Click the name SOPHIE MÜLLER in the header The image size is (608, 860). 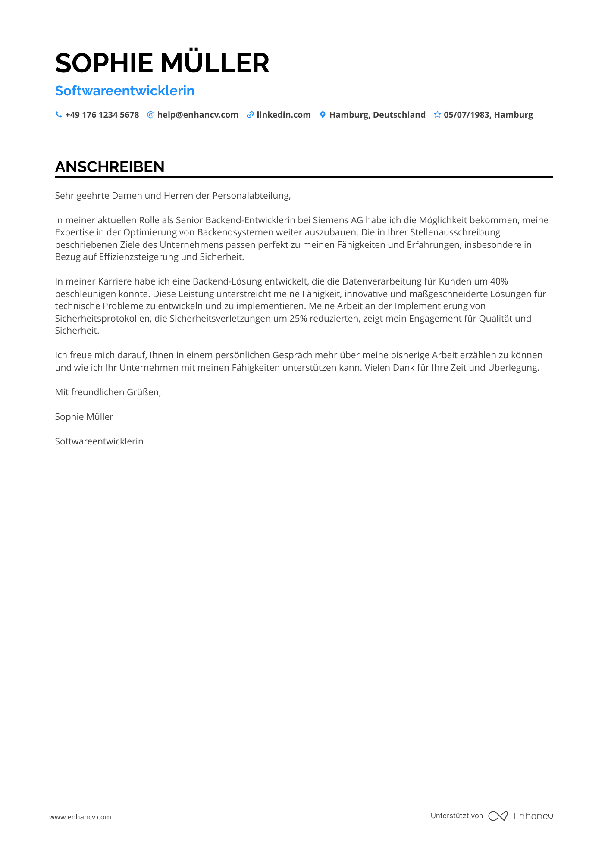click(x=162, y=63)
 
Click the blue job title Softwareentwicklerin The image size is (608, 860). click(x=125, y=91)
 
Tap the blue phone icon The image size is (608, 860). click(x=59, y=115)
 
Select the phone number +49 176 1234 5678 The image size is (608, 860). click(x=102, y=115)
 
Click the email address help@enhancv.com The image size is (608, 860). click(x=197, y=115)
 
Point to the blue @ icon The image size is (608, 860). click(x=150, y=115)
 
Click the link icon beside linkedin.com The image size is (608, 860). click(x=250, y=115)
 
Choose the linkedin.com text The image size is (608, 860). click(x=284, y=115)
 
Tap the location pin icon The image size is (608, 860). click(x=323, y=115)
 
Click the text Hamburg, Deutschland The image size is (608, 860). click(x=377, y=115)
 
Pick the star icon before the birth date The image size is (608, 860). click(x=437, y=115)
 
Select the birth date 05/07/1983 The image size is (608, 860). click(x=467, y=115)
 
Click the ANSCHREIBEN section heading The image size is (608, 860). click(x=110, y=167)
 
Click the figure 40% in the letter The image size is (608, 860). click(x=499, y=281)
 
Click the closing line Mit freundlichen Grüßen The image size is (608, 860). click(x=108, y=392)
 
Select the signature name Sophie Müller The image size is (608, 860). click(x=84, y=417)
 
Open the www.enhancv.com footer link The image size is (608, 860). click(x=80, y=817)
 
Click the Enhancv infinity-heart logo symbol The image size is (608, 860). click(x=498, y=816)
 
